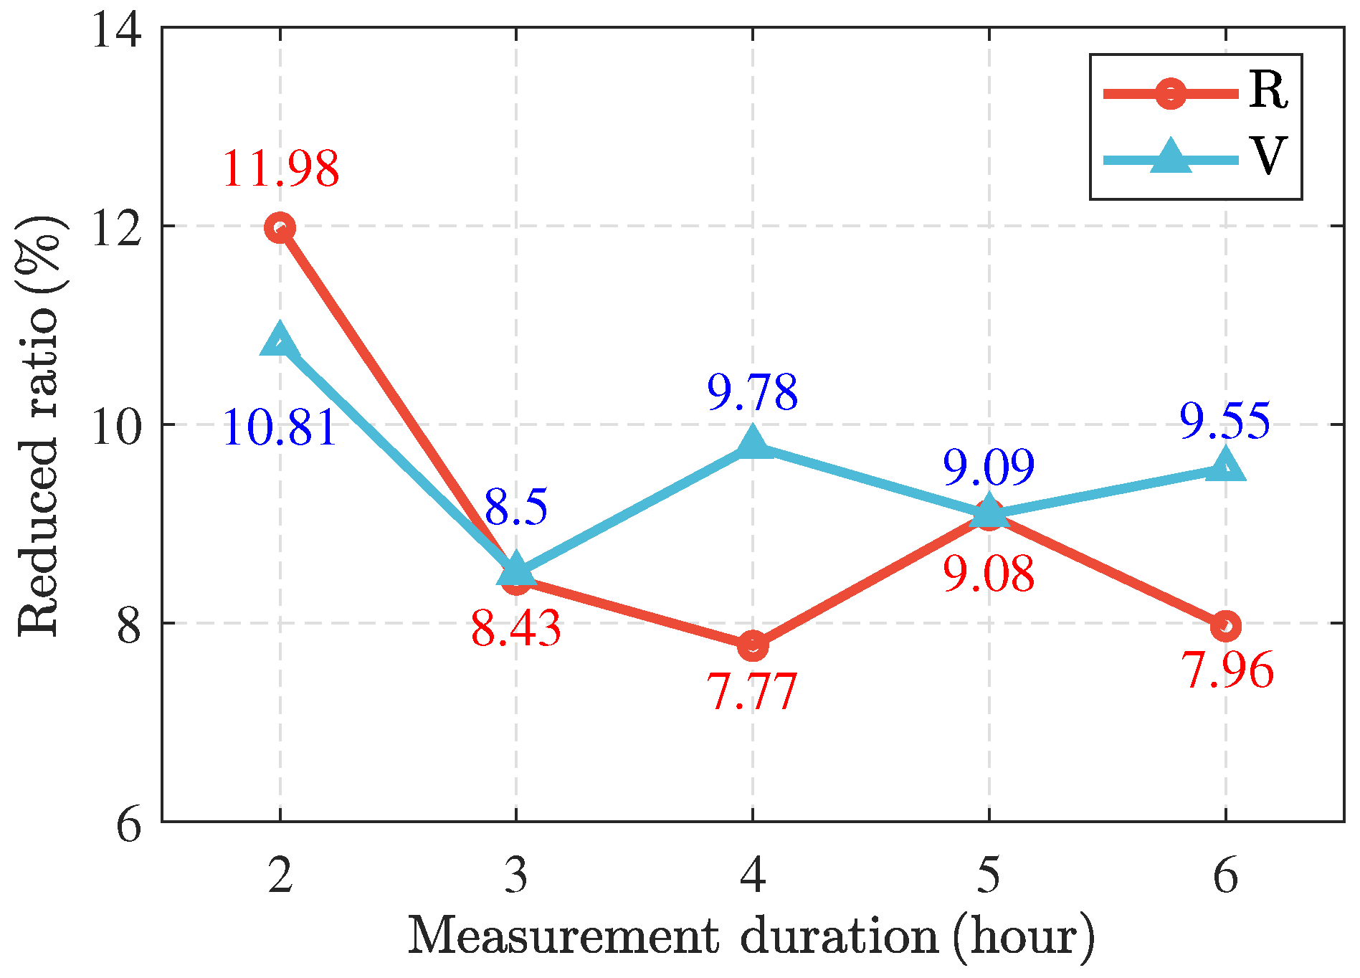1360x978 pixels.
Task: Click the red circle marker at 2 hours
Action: (x=280, y=228)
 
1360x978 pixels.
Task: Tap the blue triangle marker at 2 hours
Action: (x=280, y=341)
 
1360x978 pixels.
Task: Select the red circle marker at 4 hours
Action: (x=753, y=645)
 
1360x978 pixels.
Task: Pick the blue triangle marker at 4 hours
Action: (x=753, y=442)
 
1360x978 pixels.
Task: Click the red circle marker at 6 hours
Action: (x=1225, y=626)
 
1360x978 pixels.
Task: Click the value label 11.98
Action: (x=280, y=169)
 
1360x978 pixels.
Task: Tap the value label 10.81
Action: (x=280, y=429)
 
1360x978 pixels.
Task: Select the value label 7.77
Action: (x=753, y=693)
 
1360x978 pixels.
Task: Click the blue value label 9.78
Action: (x=753, y=393)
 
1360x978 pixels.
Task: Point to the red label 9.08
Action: (x=989, y=574)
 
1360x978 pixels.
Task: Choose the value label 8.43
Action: (x=516, y=630)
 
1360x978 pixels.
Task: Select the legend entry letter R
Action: (x=1268, y=91)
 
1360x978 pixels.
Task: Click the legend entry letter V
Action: (x=1268, y=156)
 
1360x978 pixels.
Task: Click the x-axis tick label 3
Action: (x=516, y=876)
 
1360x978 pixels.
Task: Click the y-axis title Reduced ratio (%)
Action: (x=39, y=424)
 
